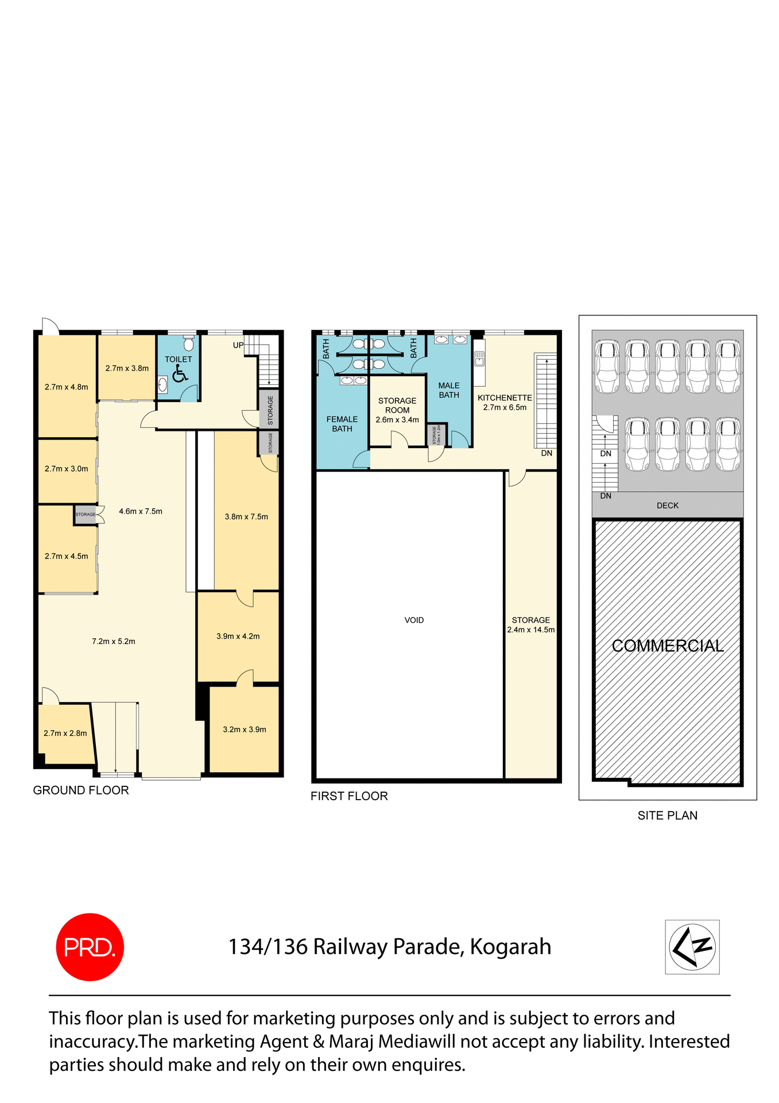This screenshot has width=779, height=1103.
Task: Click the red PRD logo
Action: pyautogui.click(x=90, y=946)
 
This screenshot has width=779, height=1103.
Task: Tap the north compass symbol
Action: pyautogui.click(x=692, y=946)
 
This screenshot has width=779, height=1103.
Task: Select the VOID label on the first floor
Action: pyautogui.click(x=414, y=620)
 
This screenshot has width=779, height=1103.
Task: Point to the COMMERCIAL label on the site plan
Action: pyautogui.click(x=668, y=646)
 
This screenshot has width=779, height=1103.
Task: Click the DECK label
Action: pyautogui.click(x=668, y=506)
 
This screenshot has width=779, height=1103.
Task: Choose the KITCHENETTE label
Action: pyautogui.click(x=505, y=398)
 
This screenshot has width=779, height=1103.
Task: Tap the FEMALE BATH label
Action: pyautogui.click(x=342, y=424)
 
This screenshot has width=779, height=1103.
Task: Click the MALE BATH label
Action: pyautogui.click(x=449, y=390)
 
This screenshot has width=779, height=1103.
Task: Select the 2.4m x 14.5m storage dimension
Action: pyautogui.click(x=531, y=630)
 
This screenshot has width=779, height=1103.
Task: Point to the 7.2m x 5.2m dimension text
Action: pyautogui.click(x=114, y=641)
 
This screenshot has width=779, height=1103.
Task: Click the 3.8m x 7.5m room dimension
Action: pyautogui.click(x=246, y=516)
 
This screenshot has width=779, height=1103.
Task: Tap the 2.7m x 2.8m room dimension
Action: pyautogui.click(x=65, y=733)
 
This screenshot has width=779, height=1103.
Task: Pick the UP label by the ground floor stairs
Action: pyautogui.click(x=238, y=345)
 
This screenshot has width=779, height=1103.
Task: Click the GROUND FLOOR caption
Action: pyautogui.click(x=81, y=790)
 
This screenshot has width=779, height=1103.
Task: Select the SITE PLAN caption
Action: pyautogui.click(x=668, y=815)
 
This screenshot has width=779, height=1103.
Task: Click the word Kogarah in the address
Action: pyautogui.click(x=510, y=947)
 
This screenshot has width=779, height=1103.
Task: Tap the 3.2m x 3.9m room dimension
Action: pyautogui.click(x=245, y=730)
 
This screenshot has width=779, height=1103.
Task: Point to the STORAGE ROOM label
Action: pyautogui.click(x=397, y=405)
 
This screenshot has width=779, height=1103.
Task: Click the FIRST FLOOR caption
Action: pyautogui.click(x=349, y=796)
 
